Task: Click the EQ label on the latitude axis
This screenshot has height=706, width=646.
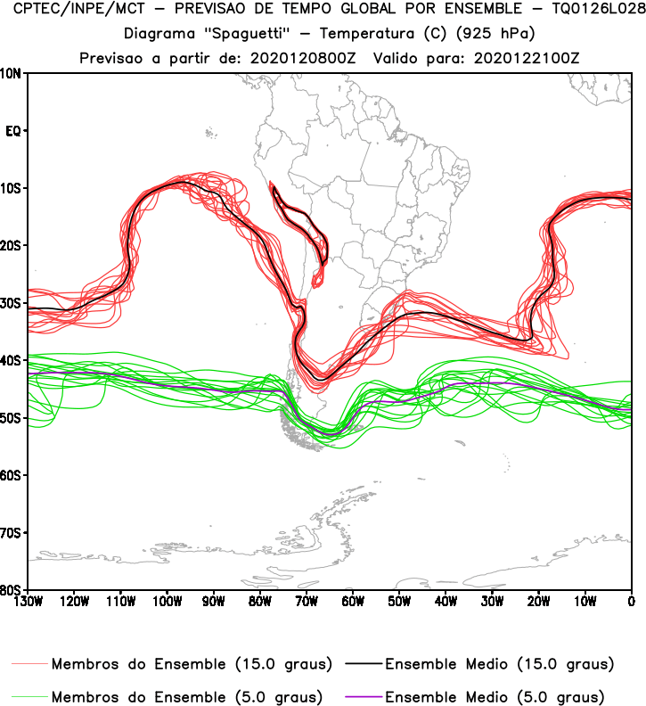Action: (12, 131)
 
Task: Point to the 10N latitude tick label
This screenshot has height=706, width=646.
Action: (12, 73)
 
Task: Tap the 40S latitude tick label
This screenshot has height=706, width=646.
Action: (12, 361)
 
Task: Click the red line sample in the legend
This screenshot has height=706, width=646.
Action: (30, 665)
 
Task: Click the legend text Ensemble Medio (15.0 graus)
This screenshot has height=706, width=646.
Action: (499, 665)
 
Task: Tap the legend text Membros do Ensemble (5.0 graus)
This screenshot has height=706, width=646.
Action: (187, 696)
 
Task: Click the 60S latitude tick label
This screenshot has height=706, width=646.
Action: (12, 476)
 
